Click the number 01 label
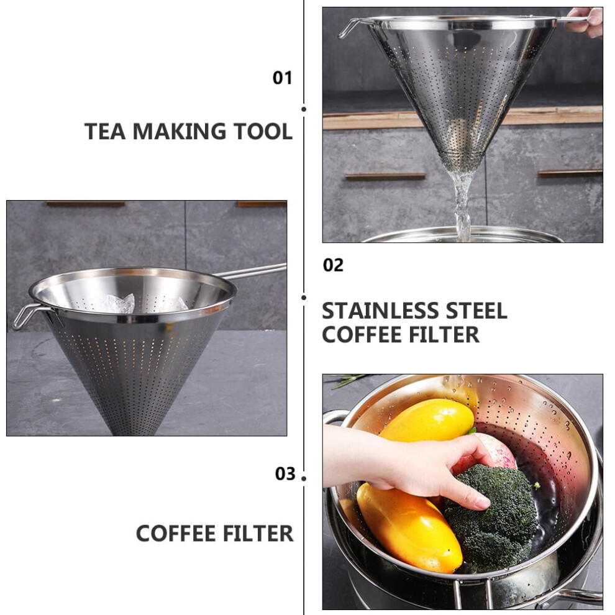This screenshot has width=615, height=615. pyautogui.click(x=283, y=78)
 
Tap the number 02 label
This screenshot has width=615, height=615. pyautogui.click(x=333, y=265)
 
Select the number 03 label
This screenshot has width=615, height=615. pyautogui.click(x=285, y=474)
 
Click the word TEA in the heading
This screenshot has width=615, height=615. pyautogui.click(x=105, y=132)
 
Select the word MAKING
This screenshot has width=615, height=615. pyautogui.click(x=180, y=132)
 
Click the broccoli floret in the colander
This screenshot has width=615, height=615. pyautogui.click(x=491, y=517)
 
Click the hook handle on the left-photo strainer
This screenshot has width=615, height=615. pyautogui.click(x=29, y=315)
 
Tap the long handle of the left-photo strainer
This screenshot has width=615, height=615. pyautogui.click(x=251, y=271)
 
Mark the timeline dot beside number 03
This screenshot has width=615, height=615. pyautogui.click(x=304, y=478)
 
